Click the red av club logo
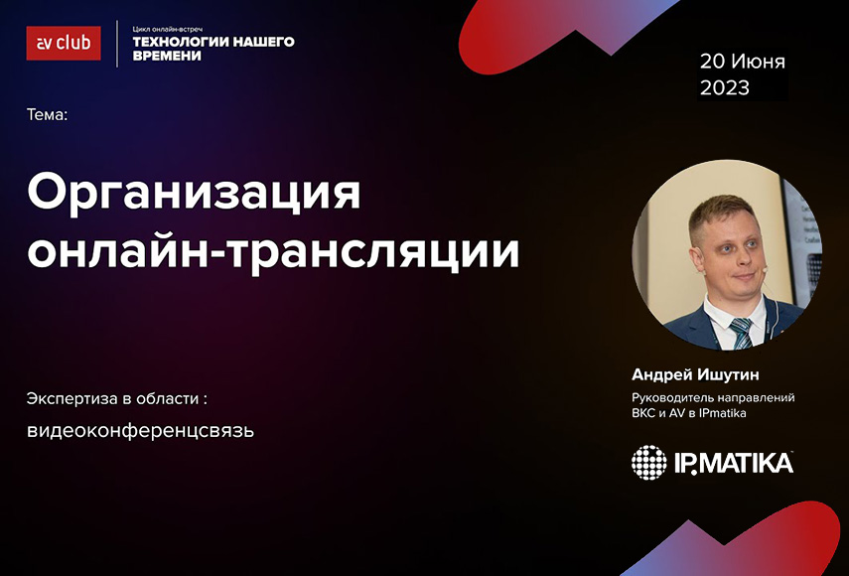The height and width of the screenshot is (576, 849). [64, 44]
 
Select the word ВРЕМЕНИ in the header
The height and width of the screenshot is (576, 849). [167, 56]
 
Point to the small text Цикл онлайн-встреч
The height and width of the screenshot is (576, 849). [167, 29]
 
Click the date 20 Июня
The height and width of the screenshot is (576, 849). [743, 62]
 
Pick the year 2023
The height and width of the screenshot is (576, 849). [725, 87]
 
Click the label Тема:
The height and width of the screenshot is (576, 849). [47, 115]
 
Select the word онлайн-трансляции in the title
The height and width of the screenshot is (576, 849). [273, 250]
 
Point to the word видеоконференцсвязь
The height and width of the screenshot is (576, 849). [140, 430]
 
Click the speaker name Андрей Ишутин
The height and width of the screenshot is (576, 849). [695, 374]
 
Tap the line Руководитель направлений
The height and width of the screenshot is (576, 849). [713, 398]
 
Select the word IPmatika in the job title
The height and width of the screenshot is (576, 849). [726, 413]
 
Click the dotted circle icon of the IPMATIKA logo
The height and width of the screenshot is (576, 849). [649, 463]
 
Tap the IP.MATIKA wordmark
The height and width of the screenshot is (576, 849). [734, 464]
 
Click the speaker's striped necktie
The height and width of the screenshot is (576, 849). [740, 333]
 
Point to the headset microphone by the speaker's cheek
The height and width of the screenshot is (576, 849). [764, 268]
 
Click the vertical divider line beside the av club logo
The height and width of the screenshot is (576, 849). [117, 44]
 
